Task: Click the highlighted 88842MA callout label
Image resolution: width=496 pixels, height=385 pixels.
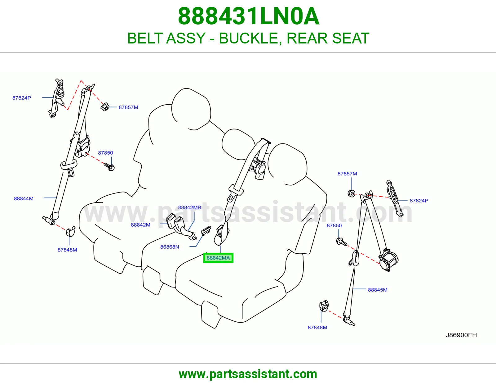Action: pos(218,258)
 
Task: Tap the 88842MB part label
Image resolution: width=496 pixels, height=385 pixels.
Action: pos(189,207)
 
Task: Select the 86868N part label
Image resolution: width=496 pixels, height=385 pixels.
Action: pos(170,247)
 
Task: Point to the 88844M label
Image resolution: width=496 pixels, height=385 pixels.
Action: pos(24,198)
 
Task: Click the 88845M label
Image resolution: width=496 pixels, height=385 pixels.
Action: pos(378,290)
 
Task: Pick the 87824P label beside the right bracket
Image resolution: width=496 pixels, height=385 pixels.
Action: pos(419,201)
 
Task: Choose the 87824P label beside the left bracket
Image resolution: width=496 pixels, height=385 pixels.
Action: pos(22,98)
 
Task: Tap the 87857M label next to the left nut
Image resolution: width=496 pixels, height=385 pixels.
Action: pos(128,107)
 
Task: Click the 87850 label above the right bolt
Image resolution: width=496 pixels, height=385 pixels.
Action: pos(334,225)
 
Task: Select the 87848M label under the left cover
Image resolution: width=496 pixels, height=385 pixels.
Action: pos(67,250)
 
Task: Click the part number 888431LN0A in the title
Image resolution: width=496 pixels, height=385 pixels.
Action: pos(249,16)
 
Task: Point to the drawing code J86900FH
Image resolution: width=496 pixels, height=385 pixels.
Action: pos(461,335)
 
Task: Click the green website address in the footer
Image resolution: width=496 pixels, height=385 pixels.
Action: pos(248,374)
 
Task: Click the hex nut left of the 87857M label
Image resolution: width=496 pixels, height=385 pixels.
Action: pos(105,107)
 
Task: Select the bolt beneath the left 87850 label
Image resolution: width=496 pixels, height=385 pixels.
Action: pos(109,167)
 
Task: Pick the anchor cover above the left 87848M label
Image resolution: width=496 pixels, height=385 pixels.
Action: pos(71,231)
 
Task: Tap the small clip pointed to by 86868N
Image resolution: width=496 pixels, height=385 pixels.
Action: pos(206,230)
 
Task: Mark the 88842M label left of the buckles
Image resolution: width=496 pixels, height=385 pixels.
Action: pos(141,225)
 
